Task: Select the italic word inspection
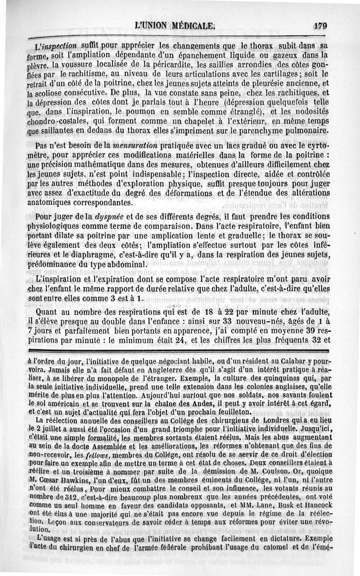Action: [61, 46]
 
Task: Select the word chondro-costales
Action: [57, 123]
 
